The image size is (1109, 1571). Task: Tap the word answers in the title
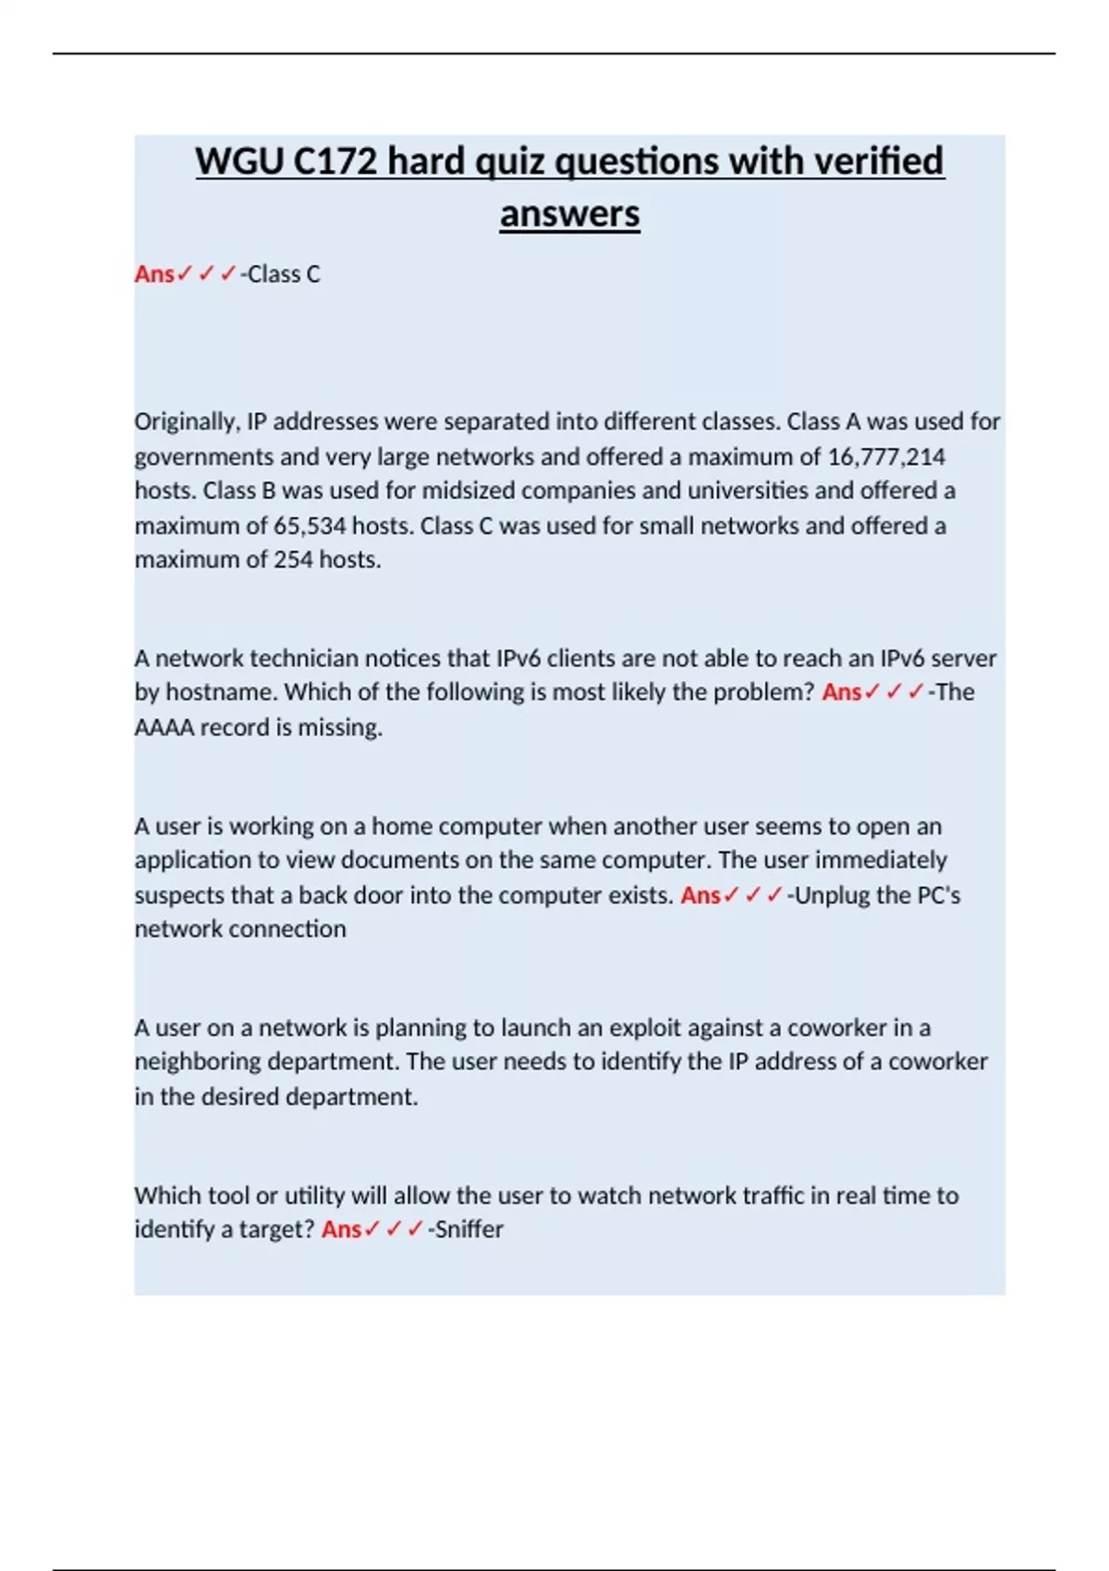(x=569, y=214)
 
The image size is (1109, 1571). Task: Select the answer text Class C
(x=284, y=274)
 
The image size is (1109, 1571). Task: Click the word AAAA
(x=164, y=728)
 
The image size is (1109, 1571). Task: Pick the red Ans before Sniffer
(x=341, y=1230)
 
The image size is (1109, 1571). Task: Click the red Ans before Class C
(x=154, y=274)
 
